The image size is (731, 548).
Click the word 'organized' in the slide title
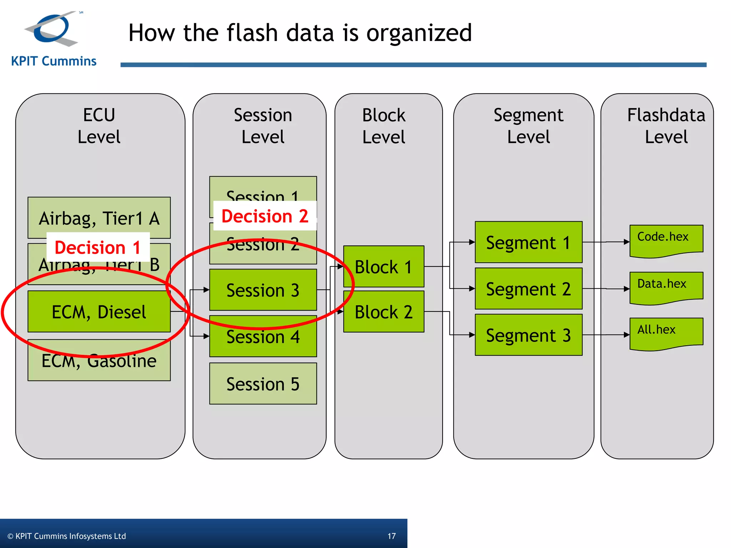click(419, 33)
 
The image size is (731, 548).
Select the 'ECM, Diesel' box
click(99, 312)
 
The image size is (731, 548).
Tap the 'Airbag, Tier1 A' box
click(99, 218)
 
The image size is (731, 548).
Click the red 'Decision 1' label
click(98, 247)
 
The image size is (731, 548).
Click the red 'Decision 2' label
click(264, 216)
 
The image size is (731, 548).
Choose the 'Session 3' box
click(263, 290)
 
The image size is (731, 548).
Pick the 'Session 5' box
click(263, 384)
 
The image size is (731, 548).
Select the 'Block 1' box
click(383, 267)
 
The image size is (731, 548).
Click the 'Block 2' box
click(383, 312)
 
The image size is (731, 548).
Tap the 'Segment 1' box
click(528, 243)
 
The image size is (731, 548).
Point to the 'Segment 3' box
click(528, 335)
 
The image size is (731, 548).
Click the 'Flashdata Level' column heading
click(666, 126)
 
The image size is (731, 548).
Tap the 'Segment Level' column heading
click(528, 126)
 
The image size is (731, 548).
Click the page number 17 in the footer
click(392, 536)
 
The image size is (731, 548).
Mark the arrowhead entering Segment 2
click(472, 288)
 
